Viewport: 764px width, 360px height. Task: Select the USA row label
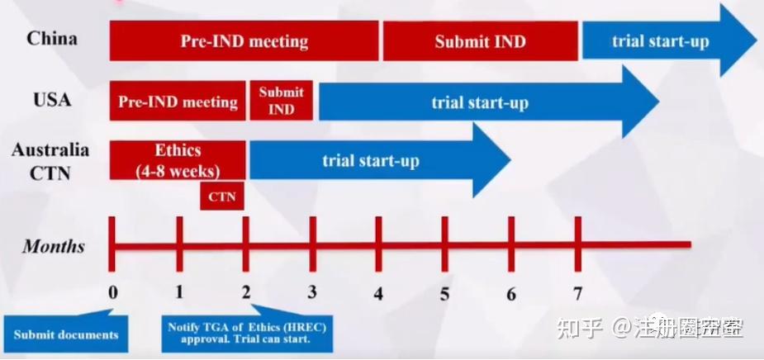click(x=52, y=100)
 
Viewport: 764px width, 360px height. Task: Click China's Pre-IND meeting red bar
click(x=244, y=41)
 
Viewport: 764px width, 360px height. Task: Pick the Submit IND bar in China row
click(x=480, y=41)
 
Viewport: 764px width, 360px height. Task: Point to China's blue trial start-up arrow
click(x=661, y=41)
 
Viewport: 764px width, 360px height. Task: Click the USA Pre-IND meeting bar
click(x=178, y=102)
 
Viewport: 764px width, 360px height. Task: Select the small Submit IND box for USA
click(x=281, y=101)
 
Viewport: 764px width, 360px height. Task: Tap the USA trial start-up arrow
click(x=480, y=102)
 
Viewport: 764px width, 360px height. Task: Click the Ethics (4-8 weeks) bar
click(x=178, y=160)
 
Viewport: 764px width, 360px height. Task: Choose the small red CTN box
click(x=222, y=197)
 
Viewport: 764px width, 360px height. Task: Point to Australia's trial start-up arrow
click(x=371, y=160)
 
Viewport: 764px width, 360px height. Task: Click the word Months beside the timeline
click(x=54, y=246)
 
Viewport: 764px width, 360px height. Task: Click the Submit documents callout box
click(x=65, y=334)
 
